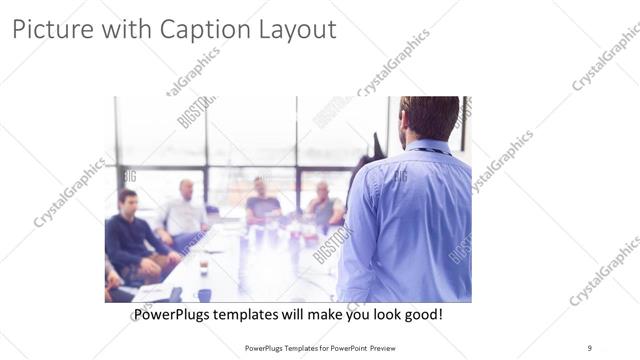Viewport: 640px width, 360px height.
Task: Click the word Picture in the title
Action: [x=49, y=30]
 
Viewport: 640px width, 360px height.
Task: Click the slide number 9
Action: [x=589, y=348]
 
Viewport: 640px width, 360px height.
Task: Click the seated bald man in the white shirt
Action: [x=185, y=212]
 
